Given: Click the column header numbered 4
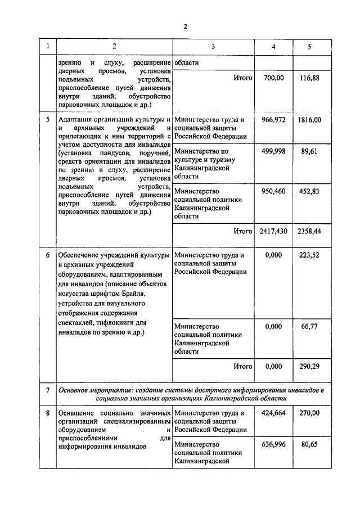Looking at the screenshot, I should pyautogui.click(x=273, y=47).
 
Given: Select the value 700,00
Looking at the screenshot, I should pyautogui.click(x=273, y=79).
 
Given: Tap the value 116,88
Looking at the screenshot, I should pyautogui.click(x=309, y=79).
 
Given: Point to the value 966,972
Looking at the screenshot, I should pyautogui.click(x=273, y=120).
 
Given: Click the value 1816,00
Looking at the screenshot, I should pyautogui.click(x=309, y=120).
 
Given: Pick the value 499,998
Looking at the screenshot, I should pyautogui.click(x=273, y=151).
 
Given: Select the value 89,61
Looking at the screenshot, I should pyautogui.click(x=309, y=151).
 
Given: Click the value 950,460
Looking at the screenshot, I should pyautogui.click(x=273, y=191).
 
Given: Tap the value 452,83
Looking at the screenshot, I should pyautogui.click(x=309, y=191).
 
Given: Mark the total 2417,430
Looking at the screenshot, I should pyautogui.click(x=273, y=231).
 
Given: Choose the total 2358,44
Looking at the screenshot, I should pyautogui.click(x=309, y=231).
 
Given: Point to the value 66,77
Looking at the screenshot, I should pyautogui.click(x=309, y=326).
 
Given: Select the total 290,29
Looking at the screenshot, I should pyautogui.click(x=309, y=366).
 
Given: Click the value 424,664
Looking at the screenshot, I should pyautogui.click(x=273, y=413).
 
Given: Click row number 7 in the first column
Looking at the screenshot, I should pyautogui.click(x=48, y=390).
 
